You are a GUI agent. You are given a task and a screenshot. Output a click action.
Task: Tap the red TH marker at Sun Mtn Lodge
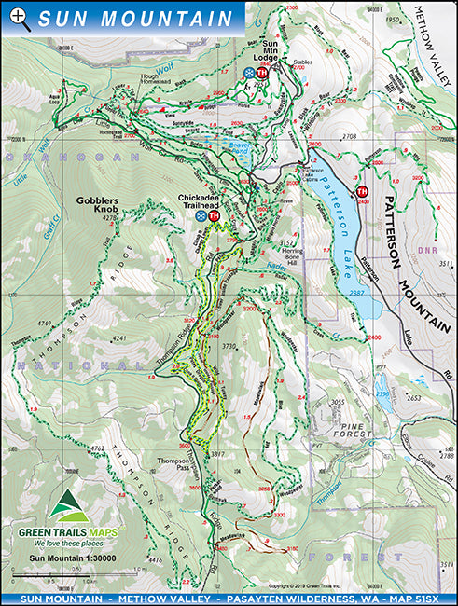click(262, 73)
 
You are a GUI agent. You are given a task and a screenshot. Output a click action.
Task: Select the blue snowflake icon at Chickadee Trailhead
click(201, 216)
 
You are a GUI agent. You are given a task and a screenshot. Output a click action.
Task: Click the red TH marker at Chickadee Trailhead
click(214, 216)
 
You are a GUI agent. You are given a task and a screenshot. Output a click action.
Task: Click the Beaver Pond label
click(242, 149)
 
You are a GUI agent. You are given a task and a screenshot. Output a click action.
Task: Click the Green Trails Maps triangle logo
click(69, 507)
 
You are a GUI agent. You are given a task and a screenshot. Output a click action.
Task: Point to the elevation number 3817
click(219, 453)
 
